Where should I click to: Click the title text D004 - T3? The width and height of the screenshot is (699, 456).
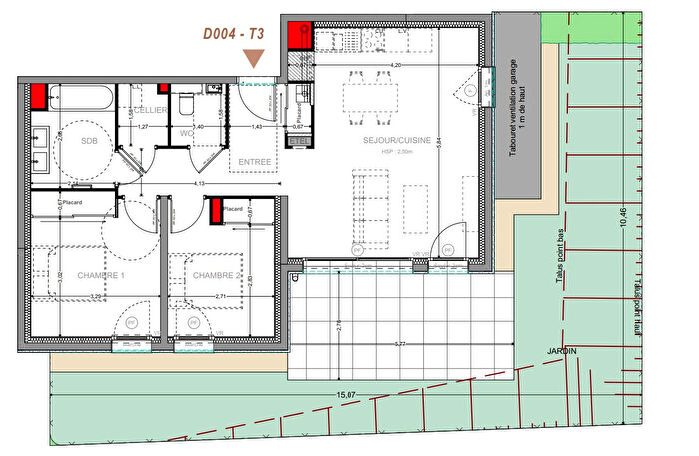coord(234,33)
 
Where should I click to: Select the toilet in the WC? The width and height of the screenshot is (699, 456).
coord(185,104)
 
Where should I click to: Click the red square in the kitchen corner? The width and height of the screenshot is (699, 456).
coord(298,36)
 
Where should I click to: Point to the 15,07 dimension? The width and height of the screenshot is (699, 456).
coord(346,396)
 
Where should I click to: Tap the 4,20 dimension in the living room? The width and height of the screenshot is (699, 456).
coord(394,65)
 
